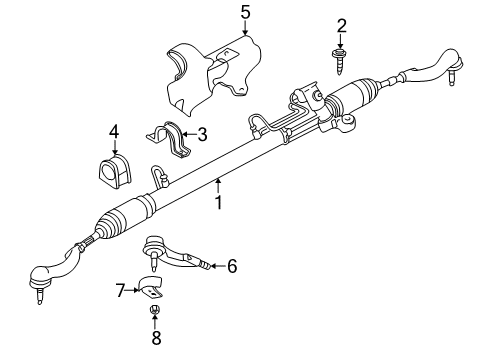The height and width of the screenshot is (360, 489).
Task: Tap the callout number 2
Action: (x=341, y=25)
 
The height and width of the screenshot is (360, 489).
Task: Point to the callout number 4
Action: (x=114, y=130)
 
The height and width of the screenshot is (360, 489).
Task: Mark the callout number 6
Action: (x=231, y=266)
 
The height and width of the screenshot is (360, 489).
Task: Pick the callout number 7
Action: (x=121, y=291)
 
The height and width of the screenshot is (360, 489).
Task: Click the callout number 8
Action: (x=155, y=338)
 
